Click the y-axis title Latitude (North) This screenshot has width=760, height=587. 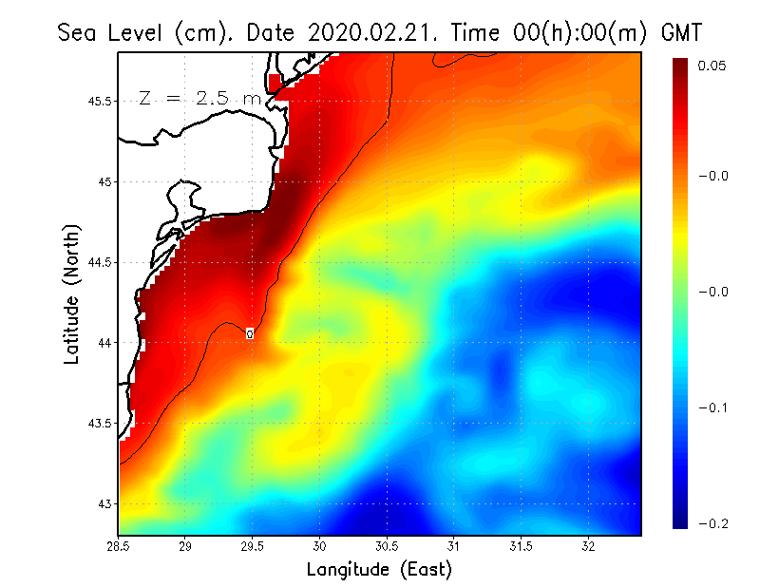point(72,293)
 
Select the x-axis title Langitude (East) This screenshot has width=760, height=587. point(379,570)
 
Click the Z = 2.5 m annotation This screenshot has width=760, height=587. point(199,98)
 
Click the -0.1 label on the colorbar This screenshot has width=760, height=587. point(714,407)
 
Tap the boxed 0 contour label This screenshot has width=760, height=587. point(250,333)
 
